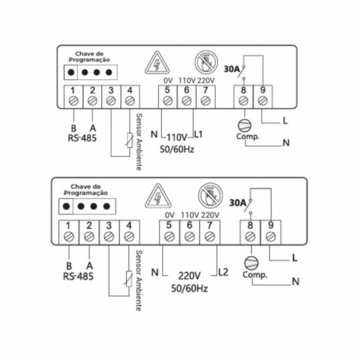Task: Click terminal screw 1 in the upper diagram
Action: tap(74, 101)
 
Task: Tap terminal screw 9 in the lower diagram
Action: tap(271, 237)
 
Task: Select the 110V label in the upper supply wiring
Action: tap(177, 137)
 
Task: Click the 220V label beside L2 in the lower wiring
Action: tap(190, 276)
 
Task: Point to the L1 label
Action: tap(198, 135)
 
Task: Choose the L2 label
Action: tap(223, 272)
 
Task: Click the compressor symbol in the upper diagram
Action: tap(244, 125)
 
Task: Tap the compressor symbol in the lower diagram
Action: tap(251, 263)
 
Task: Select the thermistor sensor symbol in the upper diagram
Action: tap(129, 140)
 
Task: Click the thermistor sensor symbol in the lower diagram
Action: tap(129, 279)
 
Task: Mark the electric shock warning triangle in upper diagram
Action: tap(158, 63)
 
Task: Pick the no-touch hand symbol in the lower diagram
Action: tap(211, 195)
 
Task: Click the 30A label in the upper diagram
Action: tap(232, 69)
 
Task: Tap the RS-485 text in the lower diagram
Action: tap(78, 276)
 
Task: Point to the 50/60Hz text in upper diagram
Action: tap(177, 149)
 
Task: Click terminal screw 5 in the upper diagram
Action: tap(168, 101)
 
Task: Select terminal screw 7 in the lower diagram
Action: tap(210, 237)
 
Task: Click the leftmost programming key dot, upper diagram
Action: tap(71, 72)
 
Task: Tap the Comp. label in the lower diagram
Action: tap(255, 275)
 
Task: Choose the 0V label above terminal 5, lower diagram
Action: tap(170, 215)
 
